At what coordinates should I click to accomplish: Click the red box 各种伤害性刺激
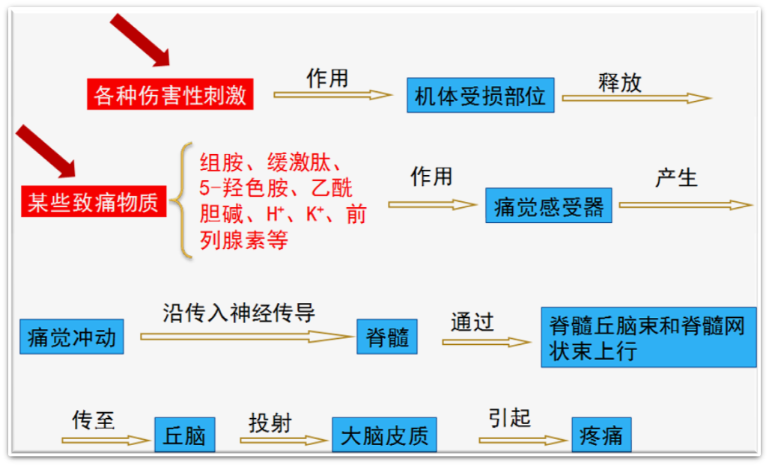[170, 95]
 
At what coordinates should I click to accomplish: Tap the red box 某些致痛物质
[94, 202]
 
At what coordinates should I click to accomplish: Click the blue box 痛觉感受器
[549, 206]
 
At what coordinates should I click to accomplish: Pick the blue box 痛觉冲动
[72, 337]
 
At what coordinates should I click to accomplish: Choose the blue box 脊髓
[387, 337]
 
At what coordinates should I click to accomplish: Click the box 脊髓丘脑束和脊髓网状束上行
[648, 338]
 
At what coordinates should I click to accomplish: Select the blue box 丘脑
[184, 435]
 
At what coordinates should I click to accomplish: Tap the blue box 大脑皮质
[384, 435]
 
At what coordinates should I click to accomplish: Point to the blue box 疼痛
[601, 435]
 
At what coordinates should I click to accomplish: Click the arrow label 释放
[619, 82]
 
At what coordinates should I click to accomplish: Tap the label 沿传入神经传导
[239, 312]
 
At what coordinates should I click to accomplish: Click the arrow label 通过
[472, 322]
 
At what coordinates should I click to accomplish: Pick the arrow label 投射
[270, 422]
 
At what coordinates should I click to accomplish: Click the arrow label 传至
[94, 420]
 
